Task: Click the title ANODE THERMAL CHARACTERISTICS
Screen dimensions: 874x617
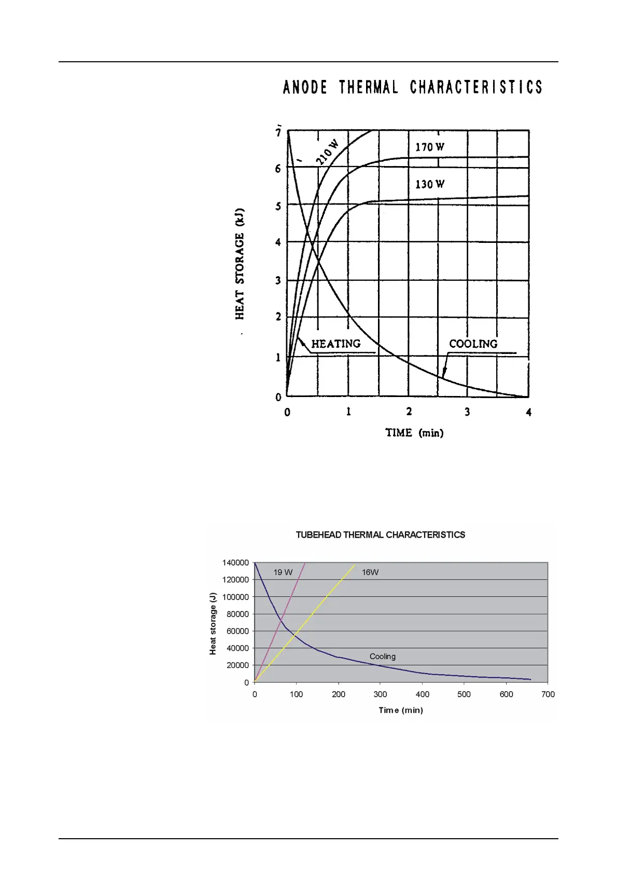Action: (413, 87)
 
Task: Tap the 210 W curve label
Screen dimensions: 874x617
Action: (327, 152)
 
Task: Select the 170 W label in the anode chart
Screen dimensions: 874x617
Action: (430, 147)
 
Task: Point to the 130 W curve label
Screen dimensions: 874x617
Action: (430, 184)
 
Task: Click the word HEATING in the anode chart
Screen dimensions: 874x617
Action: (336, 344)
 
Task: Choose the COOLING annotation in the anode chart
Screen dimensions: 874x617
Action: (473, 344)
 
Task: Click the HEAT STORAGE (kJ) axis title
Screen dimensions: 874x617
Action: (240, 264)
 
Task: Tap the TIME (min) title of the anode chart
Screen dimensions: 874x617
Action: (414, 433)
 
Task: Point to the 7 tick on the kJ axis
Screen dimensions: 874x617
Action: (278, 133)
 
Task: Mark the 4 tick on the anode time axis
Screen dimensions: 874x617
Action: (528, 413)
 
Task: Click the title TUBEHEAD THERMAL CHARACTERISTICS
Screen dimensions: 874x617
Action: (380, 535)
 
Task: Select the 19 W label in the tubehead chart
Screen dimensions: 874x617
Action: (283, 572)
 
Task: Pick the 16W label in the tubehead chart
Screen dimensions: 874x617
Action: (370, 572)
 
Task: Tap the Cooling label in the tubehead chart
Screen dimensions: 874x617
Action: (383, 657)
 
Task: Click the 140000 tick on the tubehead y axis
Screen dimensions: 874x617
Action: (235, 563)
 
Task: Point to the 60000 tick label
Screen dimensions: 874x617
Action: (237, 631)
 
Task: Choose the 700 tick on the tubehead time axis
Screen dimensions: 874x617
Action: (548, 694)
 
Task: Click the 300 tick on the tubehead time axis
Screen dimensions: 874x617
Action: (380, 694)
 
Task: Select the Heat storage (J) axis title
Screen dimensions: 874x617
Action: (213, 623)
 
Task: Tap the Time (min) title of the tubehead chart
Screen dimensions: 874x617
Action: (401, 711)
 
